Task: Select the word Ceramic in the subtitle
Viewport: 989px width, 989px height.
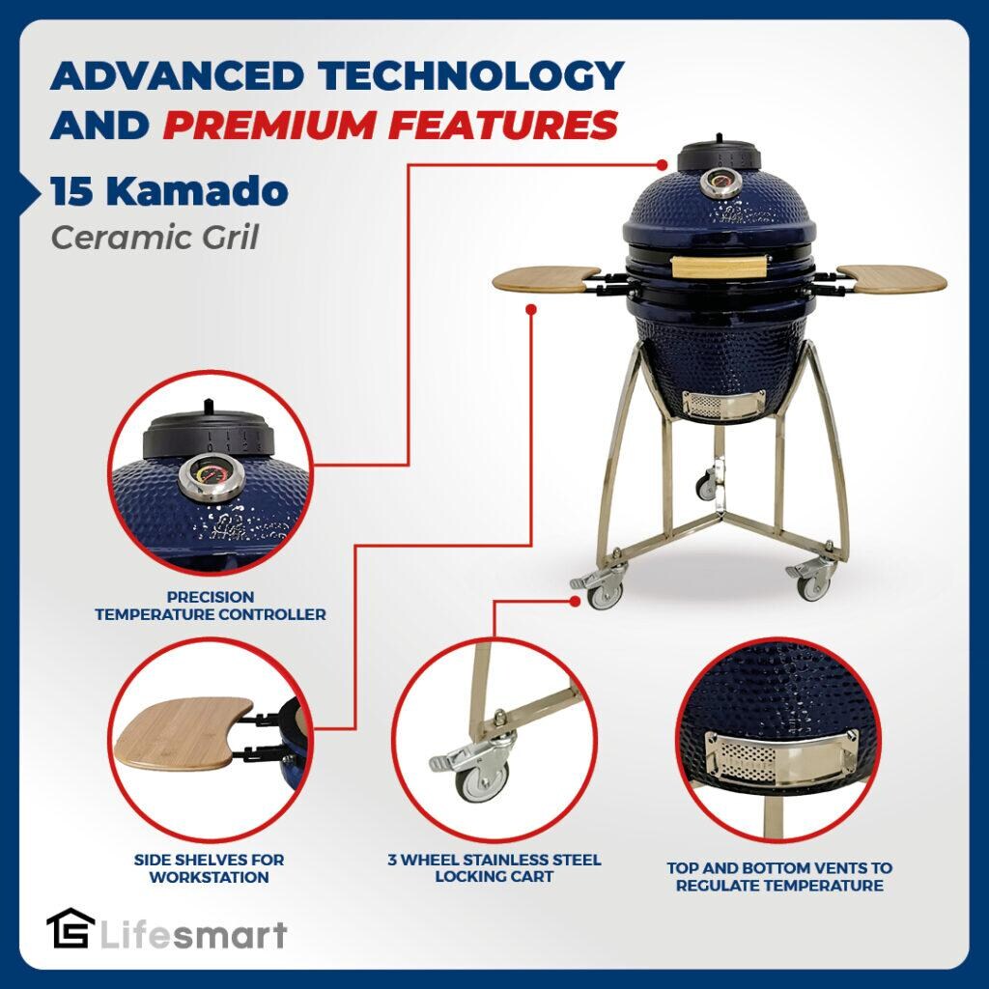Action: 107,237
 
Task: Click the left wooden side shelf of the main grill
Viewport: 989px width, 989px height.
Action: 546,279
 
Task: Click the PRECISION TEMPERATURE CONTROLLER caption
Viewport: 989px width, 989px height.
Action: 210,606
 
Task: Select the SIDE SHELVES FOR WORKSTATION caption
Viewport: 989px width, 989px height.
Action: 210,868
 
